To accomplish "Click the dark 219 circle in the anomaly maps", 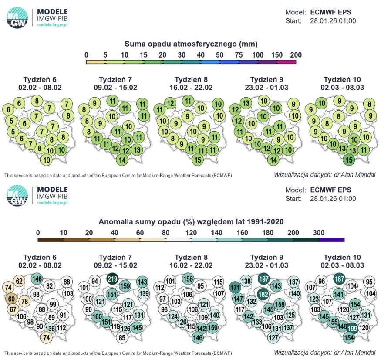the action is tap(112, 278).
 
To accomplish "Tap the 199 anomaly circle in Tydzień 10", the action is tap(352, 328).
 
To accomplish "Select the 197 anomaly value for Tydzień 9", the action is tap(264, 278).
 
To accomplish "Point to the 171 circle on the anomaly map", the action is tap(235, 287).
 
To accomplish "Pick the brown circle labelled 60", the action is tap(11, 299).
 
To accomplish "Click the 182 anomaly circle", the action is tap(263, 294).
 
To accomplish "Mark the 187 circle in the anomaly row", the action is tap(339, 278).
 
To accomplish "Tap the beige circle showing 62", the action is tap(19, 281).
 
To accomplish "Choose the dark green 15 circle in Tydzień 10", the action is tap(349, 160).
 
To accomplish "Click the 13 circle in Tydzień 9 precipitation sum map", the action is tap(246, 103).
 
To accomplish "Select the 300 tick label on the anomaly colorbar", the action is tap(319, 233).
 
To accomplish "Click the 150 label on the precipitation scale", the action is tap(277, 55).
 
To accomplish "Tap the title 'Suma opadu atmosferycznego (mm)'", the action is tap(191, 44).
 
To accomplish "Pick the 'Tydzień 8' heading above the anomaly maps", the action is tap(191, 257).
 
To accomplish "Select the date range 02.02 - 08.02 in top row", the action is tap(40, 87).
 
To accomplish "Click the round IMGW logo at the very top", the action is tap(17, 18).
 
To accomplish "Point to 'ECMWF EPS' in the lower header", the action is tap(330, 190).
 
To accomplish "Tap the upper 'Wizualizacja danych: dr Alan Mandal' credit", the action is tap(325, 175).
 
